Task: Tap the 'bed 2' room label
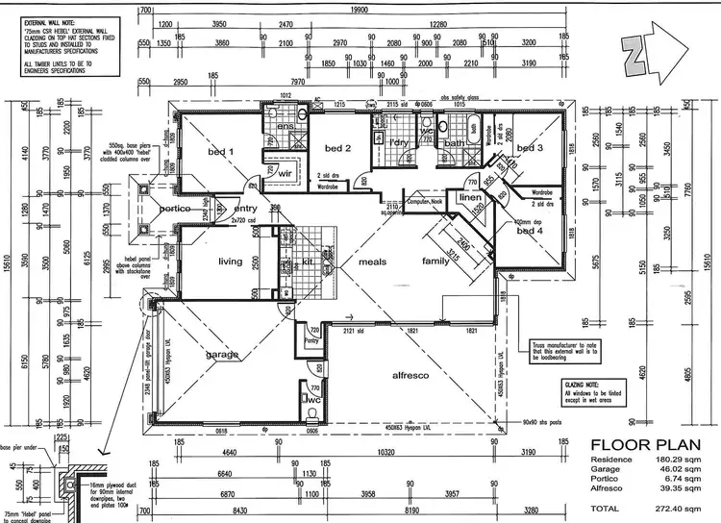coord(336,148)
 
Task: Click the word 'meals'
coord(372,261)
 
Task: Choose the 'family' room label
coord(438,261)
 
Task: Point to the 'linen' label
coord(470,198)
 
